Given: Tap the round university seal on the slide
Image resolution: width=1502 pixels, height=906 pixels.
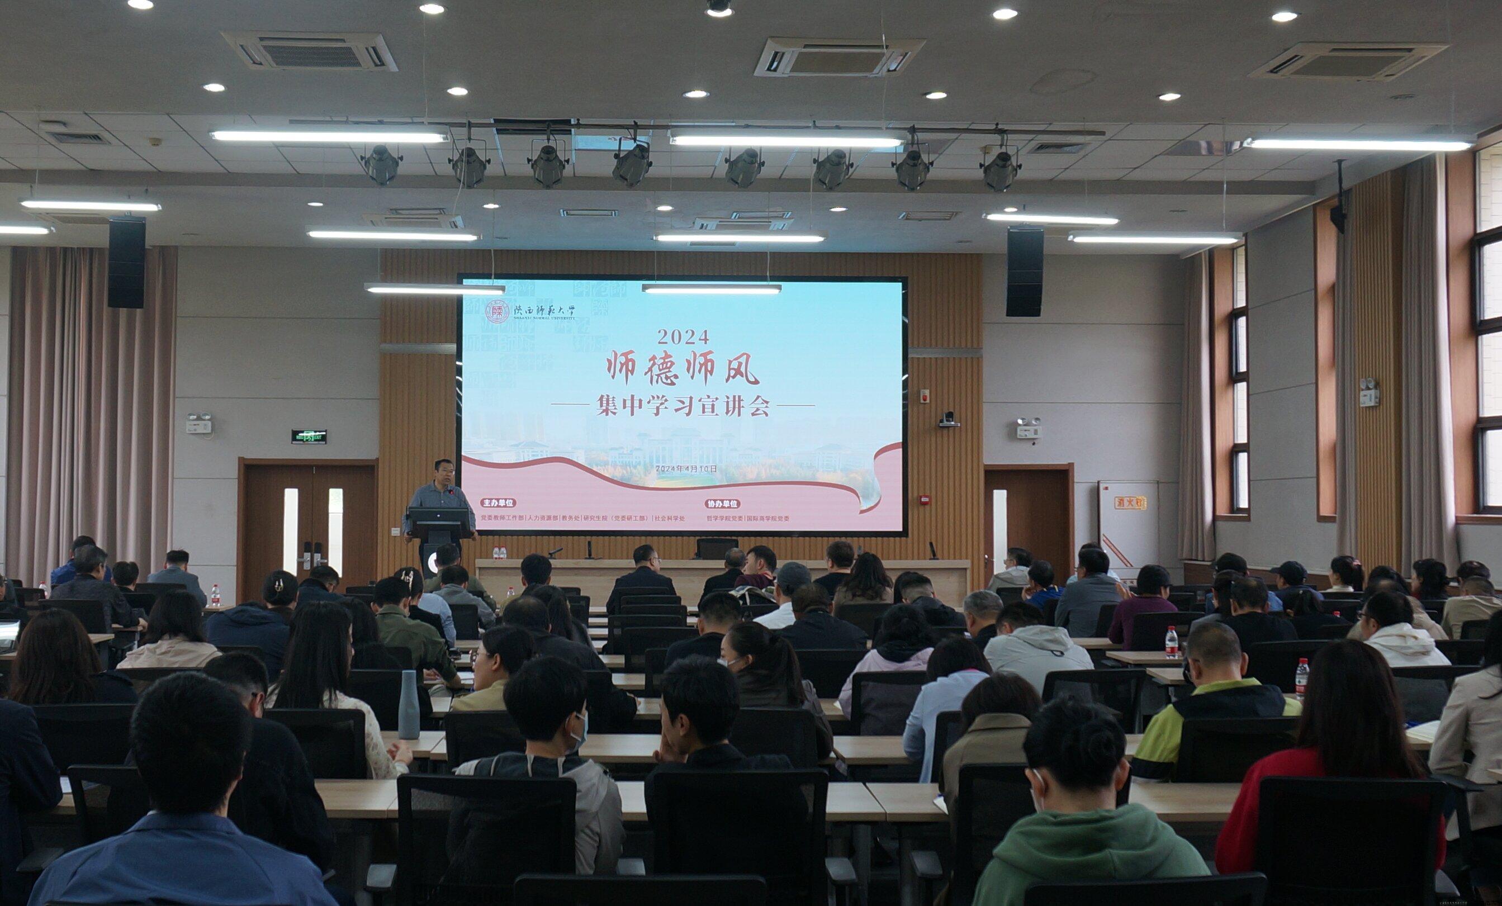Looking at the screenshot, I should click(497, 311).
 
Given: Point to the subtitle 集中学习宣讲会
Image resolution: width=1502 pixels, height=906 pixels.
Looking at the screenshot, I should click(683, 405).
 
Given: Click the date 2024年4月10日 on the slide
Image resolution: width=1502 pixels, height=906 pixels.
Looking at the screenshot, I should click(685, 468).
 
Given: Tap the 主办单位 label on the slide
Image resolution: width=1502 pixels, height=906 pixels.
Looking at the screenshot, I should click(498, 503).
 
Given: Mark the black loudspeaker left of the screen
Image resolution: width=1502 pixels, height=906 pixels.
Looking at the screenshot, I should click(127, 262).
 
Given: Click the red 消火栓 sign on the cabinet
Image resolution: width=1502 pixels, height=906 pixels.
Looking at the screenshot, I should click(1131, 503).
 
